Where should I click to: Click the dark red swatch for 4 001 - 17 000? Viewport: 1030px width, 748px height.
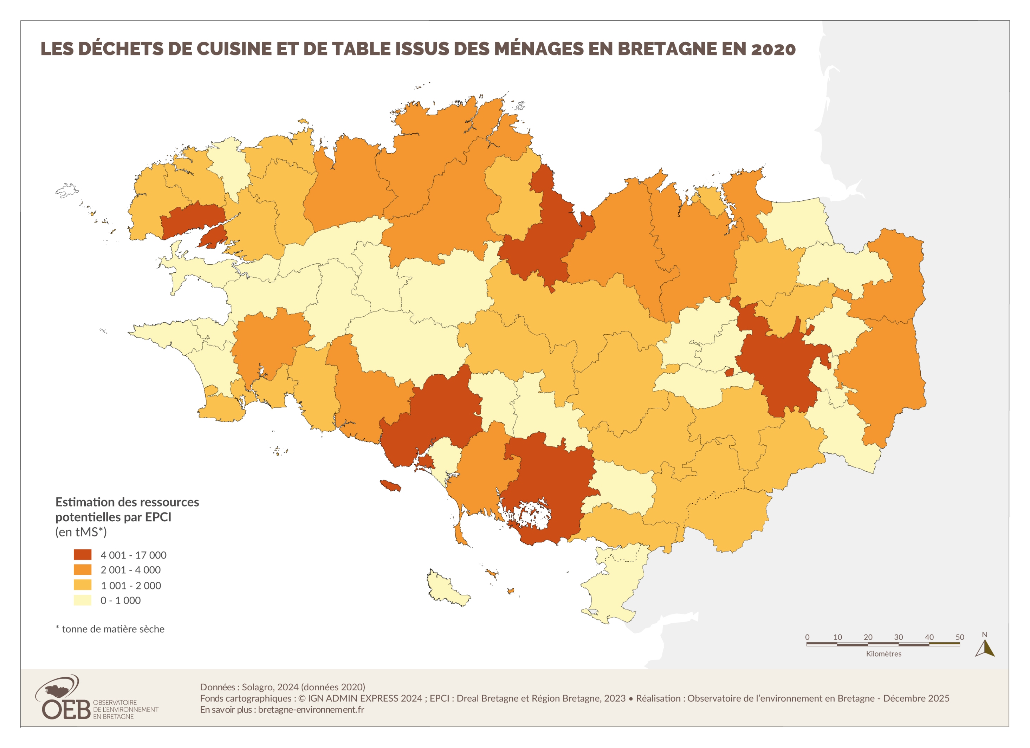coord(82,555)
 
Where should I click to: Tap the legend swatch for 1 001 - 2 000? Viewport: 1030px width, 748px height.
coord(82,585)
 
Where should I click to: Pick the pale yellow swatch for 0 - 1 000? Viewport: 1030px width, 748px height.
coord(82,600)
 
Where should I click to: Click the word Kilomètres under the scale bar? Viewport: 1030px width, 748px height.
coord(883,653)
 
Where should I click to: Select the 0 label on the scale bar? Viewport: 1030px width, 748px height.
coord(807,637)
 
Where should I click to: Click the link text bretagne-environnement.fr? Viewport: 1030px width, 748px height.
coord(311,709)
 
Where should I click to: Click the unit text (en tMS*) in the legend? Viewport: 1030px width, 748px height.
coord(81,532)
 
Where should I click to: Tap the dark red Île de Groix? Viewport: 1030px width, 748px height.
coord(390,485)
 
